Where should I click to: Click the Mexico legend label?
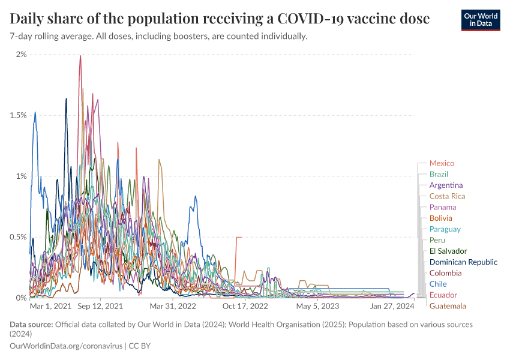click(442, 163)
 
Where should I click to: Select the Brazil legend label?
click(439, 174)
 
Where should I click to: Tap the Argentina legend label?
click(446, 185)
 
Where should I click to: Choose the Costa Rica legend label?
click(447, 196)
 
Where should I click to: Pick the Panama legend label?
click(442, 207)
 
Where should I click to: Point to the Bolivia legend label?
click(440, 218)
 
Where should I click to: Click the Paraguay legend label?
click(445, 229)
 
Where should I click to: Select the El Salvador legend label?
click(448, 251)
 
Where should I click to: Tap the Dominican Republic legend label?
click(463, 262)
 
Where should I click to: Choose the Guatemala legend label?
click(447, 306)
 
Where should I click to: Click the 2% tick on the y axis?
click(22, 55)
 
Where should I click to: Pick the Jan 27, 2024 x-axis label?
click(392, 306)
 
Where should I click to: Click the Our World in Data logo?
click(481, 20)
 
